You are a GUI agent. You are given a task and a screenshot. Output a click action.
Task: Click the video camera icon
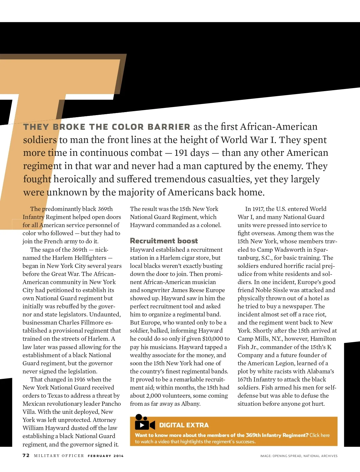(x=145, y=422)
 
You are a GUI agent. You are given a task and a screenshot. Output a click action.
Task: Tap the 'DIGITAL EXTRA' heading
(x=184, y=425)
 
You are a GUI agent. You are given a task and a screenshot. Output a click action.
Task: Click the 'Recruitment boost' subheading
(x=164, y=241)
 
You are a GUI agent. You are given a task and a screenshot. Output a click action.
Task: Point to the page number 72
(x=26, y=456)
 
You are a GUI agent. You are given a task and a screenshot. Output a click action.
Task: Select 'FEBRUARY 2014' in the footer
(x=106, y=456)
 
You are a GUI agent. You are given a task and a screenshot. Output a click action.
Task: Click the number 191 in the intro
(x=181, y=153)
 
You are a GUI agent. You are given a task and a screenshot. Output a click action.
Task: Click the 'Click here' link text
(x=319, y=435)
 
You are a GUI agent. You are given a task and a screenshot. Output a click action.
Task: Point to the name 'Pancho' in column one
(x=111, y=404)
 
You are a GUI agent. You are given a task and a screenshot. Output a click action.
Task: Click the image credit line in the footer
(x=298, y=456)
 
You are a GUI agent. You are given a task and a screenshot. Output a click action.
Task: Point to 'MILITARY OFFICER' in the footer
(x=59, y=456)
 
